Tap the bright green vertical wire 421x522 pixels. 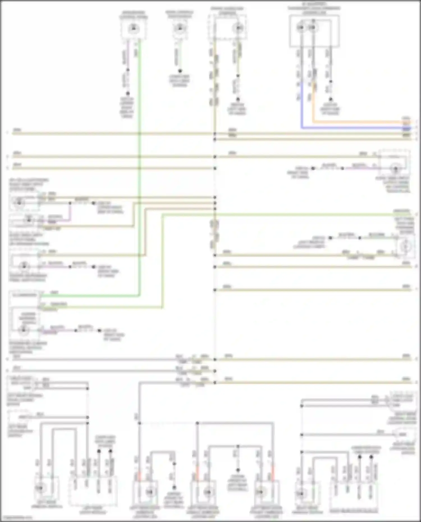pyautogui.click(x=139, y=168)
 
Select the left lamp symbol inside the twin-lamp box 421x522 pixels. pyautogui.click(x=301, y=27)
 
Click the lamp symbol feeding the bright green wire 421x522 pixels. pyautogui.click(x=134, y=28)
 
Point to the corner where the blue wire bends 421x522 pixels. pyautogui.click(x=302, y=128)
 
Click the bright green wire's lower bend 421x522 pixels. pyautogui.click(x=139, y=295)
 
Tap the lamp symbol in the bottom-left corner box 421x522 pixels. pyautogui.click(x=40, y=488)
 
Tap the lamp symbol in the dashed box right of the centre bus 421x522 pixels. pyautogui.click(x=238, y=28)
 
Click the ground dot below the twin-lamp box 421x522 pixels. pyautogui.click(x=331, y=99)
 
